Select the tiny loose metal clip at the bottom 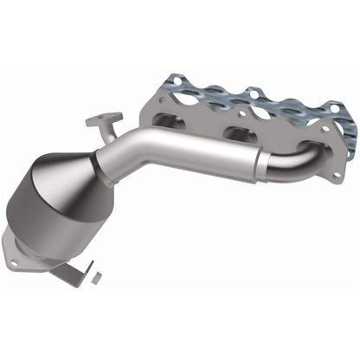[x=97, y=276]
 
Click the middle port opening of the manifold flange [x=237, y=133]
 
